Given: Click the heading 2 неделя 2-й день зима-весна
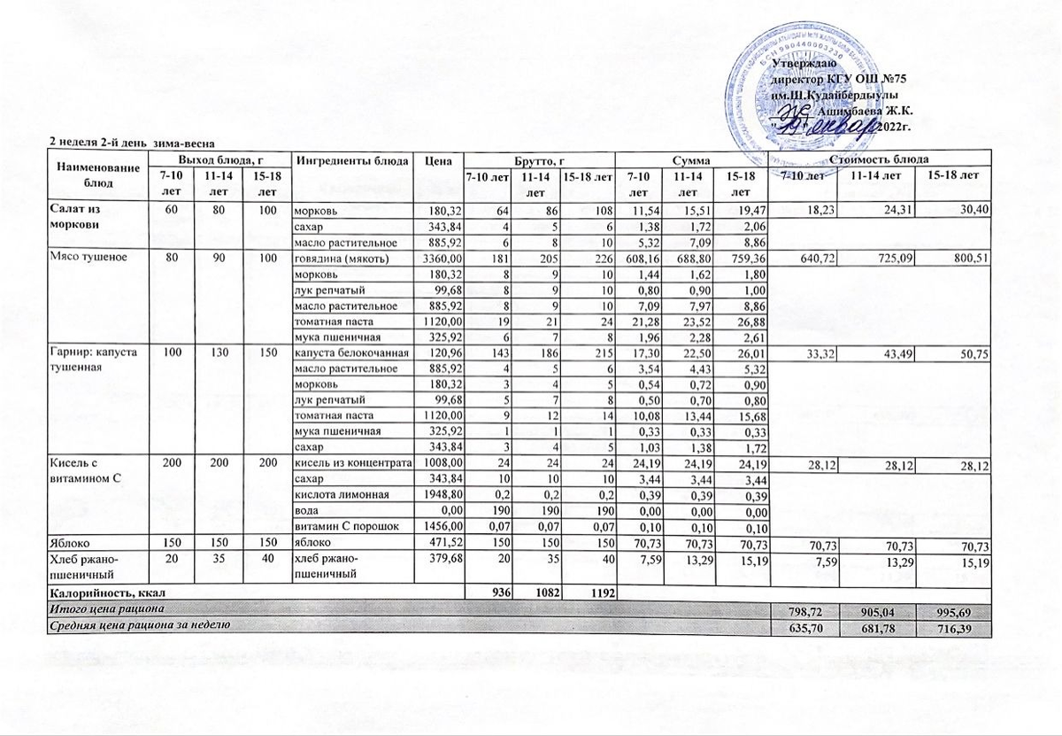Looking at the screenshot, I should point(133,143).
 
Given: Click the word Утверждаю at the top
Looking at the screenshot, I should point(800,64).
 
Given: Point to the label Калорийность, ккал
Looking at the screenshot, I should point(105,591).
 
